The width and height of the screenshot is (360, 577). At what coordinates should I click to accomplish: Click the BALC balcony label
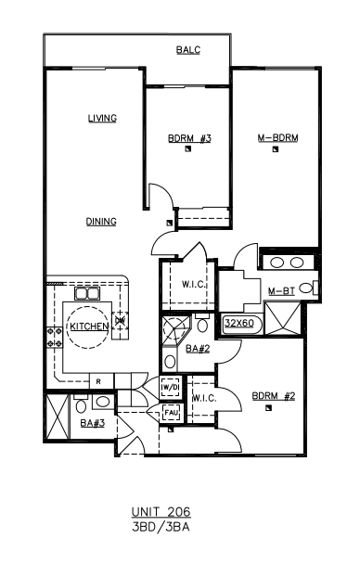click(x=188, y=50)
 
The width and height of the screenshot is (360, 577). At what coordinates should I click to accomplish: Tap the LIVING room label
click(x=102, y=118)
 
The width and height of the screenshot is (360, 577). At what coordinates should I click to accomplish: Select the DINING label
click(x=101, y=222)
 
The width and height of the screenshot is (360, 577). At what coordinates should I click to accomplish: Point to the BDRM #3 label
click(x=189, y=138)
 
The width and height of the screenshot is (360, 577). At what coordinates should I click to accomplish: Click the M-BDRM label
click(x=277, y=137)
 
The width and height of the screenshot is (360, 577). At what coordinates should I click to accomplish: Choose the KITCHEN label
click(x=89, y=327)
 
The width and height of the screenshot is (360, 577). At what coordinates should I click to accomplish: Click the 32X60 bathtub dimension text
click(x=239, y=323)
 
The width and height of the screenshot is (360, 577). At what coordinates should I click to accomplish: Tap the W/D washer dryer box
click(x=171, y=387)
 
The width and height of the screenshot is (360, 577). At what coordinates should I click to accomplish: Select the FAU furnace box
click(x=171, y=413)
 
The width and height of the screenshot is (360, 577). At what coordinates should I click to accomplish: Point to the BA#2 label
click(x=198, y=349)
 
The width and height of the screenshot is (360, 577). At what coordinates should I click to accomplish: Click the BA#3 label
click(x=93, y=423)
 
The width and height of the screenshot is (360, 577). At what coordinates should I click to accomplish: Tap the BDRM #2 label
click(x=274, y=396)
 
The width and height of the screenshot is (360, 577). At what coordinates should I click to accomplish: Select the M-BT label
click(x=281, y=291)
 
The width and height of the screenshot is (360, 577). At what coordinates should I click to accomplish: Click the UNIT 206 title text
click(x=161, y=512)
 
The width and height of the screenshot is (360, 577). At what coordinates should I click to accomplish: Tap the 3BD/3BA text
click(x=161, y=527)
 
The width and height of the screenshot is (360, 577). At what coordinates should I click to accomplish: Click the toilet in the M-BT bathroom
click(x=308, y=288)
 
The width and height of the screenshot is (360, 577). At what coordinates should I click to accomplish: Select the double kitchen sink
click(x=87, y=294)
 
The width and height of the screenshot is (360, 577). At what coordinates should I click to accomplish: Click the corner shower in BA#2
click(x=176, y=328)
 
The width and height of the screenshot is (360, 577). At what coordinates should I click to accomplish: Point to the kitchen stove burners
click(x=54, y=338)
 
